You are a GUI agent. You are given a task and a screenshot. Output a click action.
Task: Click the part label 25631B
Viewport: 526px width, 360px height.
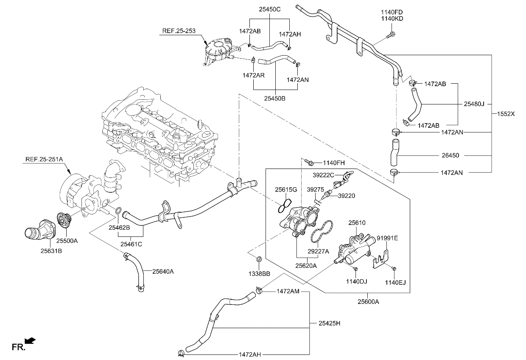51,251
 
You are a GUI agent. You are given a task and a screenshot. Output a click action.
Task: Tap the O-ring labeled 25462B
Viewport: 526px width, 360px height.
119,210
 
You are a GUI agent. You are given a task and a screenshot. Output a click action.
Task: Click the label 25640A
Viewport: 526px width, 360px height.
163,271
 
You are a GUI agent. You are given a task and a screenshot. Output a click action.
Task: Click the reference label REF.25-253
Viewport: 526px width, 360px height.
179,31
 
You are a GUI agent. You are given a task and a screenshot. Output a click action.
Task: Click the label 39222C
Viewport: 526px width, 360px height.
324,175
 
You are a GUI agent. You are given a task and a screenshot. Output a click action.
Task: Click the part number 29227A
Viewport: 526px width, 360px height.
318,251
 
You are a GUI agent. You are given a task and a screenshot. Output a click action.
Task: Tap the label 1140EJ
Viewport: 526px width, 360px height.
395,282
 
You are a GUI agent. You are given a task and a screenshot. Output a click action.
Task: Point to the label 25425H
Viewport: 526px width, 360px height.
329,323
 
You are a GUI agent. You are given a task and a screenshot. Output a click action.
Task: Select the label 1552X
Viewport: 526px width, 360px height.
506,114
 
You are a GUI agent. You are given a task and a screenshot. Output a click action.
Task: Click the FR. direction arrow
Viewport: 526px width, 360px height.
30,341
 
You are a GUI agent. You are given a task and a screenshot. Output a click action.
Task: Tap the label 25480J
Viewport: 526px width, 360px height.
474,103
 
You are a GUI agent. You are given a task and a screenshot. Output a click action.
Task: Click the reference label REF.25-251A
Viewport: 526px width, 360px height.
44,160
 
